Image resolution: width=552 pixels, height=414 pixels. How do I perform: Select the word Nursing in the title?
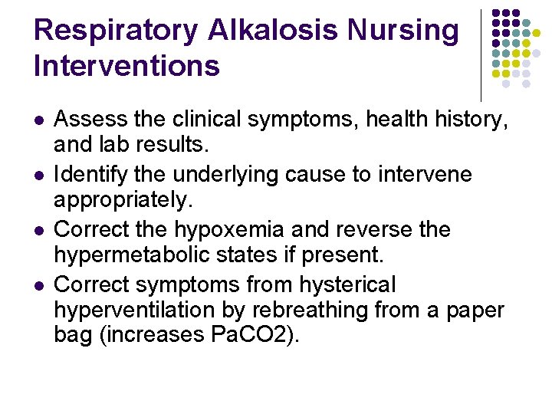403,31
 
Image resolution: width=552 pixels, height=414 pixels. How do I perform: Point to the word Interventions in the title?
127,66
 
